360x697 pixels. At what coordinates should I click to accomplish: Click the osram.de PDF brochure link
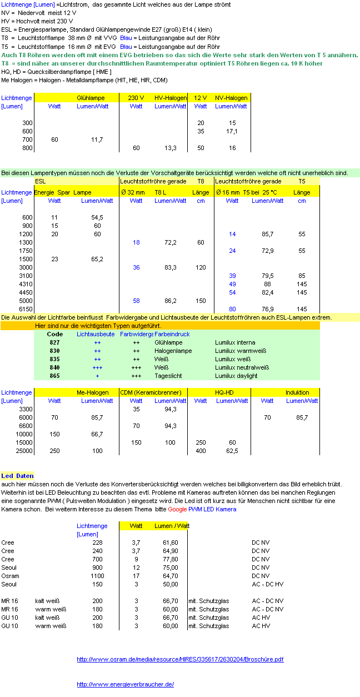point(180,659)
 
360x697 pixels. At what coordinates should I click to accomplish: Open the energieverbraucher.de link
point(125,684)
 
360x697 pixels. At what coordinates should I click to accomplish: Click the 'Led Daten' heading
point(17,476)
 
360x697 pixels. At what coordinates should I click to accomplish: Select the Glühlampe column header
point(91,98)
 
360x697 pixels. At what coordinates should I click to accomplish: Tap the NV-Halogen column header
point(231,98)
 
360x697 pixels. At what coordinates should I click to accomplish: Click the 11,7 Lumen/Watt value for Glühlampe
point(97,140)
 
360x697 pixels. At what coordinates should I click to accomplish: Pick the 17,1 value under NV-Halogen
point(232,131)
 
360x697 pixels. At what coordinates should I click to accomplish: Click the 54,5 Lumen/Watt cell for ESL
point(97,217)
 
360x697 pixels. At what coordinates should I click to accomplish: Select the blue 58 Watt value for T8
point(136,301)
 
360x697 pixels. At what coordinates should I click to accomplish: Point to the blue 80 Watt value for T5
point(232,309)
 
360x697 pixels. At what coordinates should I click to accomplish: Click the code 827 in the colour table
point(54,342)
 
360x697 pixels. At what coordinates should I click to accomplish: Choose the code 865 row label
point(54,376)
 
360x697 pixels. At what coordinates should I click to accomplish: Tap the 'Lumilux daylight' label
point(236,376)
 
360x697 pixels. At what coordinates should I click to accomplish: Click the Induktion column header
point(297,392)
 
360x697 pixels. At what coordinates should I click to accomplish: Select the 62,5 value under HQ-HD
point(232,451)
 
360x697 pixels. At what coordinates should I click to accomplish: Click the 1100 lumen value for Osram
point(97,576)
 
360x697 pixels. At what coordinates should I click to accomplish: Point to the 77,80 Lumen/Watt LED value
point(170,559)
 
